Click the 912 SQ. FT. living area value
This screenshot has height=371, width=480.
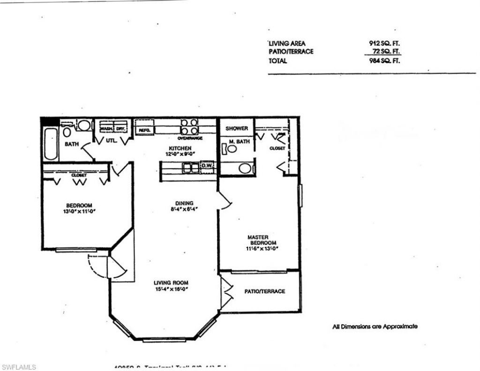[x=384, y=43]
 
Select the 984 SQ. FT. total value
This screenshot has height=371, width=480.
[x=384, y=61]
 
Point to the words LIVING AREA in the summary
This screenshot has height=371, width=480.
[x=287, y=43]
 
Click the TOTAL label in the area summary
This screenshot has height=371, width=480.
[x=278, y=61]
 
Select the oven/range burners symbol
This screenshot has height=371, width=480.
[x=190, y=127]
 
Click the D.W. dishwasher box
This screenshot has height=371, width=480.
[x=207, y=165]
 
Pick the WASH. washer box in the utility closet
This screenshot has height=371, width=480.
[x=105, y=128]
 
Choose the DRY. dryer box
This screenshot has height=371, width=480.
[x=120, y=128]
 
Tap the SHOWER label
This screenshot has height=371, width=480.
[x=237, y=128]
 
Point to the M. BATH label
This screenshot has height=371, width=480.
[x=237, y=141]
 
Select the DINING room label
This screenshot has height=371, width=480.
[x=181, y=203]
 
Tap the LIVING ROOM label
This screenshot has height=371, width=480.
[x=171, y=282]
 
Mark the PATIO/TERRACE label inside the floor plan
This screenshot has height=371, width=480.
[x=264, y=291]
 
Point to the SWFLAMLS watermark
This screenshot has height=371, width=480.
[x=19, y=366]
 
